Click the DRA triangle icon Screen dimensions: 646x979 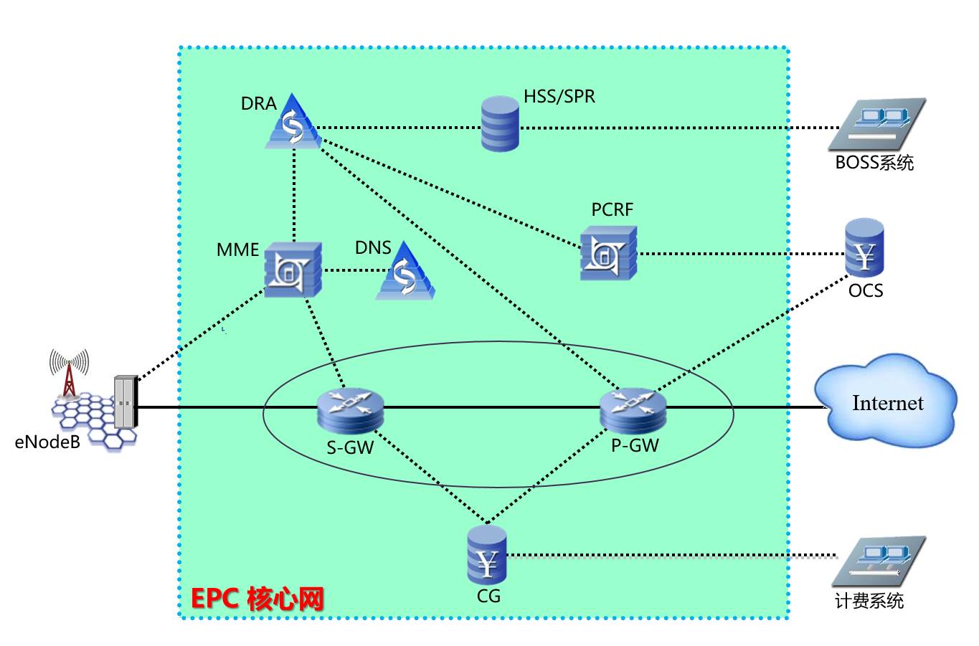point(293,123)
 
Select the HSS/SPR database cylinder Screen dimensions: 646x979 point(500,123)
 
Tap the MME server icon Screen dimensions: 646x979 point(293,270)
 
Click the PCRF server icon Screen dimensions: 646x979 point(608,253)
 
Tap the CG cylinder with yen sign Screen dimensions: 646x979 point(487,556)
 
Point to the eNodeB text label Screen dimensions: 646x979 point(47,442)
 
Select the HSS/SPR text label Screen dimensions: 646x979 point(559,96)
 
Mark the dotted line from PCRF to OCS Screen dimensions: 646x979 point(739,253)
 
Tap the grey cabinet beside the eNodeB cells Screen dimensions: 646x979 point(125,402)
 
